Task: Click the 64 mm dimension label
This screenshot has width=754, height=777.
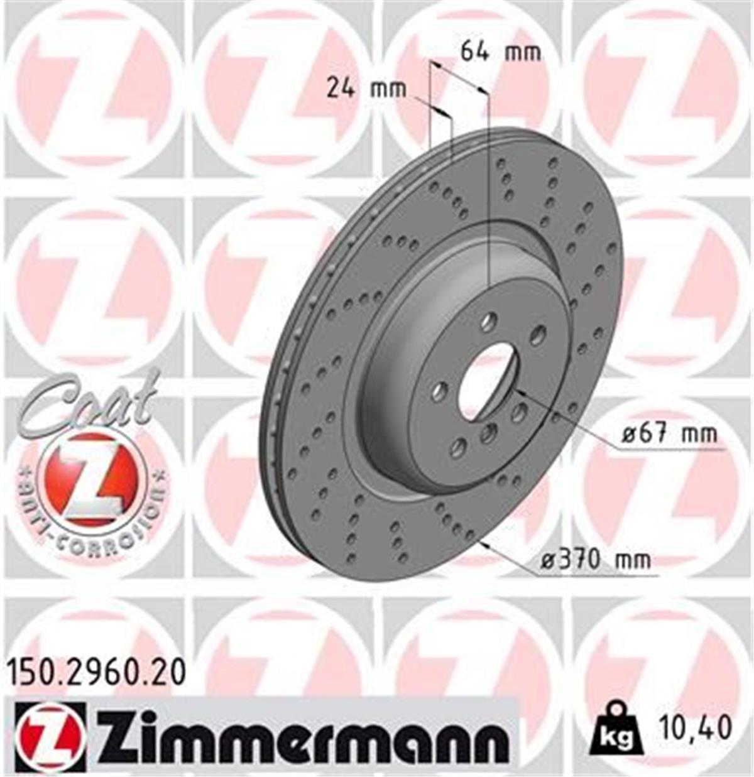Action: tap(500, 51)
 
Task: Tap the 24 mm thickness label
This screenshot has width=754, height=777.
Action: tap(366, 89)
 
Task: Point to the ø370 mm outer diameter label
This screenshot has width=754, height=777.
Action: tap(596, 558)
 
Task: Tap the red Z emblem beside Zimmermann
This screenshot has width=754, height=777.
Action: tap(49, 735)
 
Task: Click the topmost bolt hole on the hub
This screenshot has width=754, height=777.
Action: tap(488, 323)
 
